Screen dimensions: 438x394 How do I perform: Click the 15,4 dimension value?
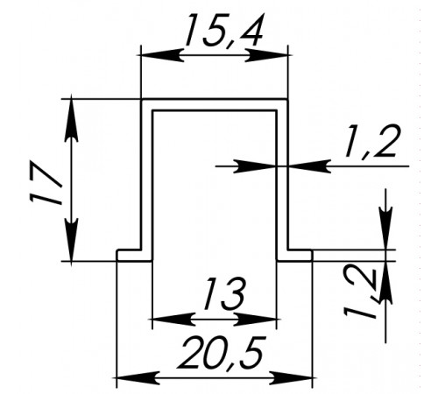click(223, 31)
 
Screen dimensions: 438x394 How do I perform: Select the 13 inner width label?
click(224, 293)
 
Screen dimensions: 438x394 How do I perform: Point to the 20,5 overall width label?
click(223, 353)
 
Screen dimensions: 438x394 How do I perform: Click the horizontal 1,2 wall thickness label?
click(372, 142)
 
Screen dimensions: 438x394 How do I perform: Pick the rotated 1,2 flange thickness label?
click(362, 292)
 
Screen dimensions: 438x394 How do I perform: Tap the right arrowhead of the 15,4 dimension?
click(266, 55)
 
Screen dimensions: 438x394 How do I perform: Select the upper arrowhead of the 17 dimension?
click(71, 121)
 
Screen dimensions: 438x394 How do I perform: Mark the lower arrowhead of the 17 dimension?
click(71, 239)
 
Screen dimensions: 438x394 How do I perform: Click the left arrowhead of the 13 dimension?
click(174, 320)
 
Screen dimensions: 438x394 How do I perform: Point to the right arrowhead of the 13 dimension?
click(255, 320)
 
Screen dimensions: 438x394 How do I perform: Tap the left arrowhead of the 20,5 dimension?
click(138, 378)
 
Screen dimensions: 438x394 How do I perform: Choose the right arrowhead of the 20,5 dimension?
click(291, 378)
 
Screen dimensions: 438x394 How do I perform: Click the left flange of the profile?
click(135, 255)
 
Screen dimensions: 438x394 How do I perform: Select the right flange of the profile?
click(294, 255)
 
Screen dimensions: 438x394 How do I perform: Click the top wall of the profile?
click(215, 105)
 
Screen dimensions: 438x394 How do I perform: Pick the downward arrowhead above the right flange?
click(385, 229)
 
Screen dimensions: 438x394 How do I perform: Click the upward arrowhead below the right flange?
click(385, 283)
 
